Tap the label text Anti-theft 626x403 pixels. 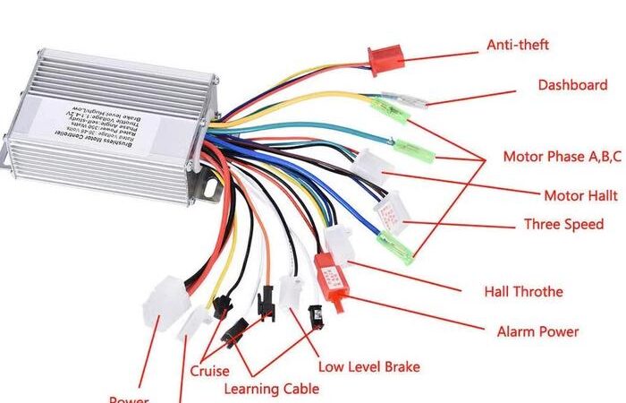[517, 44]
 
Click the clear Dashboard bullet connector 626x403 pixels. [401, 100]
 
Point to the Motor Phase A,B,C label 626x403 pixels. [562, 157]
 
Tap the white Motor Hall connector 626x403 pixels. [374, 166]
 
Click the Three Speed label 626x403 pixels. [563, 224]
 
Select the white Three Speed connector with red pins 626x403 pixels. [392, 212]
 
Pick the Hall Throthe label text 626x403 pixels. [523, 291]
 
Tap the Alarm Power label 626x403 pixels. [537, 331]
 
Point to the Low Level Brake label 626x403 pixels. [368, 366]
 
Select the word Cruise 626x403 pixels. [209, 371]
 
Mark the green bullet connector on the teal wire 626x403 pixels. [413, 149]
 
